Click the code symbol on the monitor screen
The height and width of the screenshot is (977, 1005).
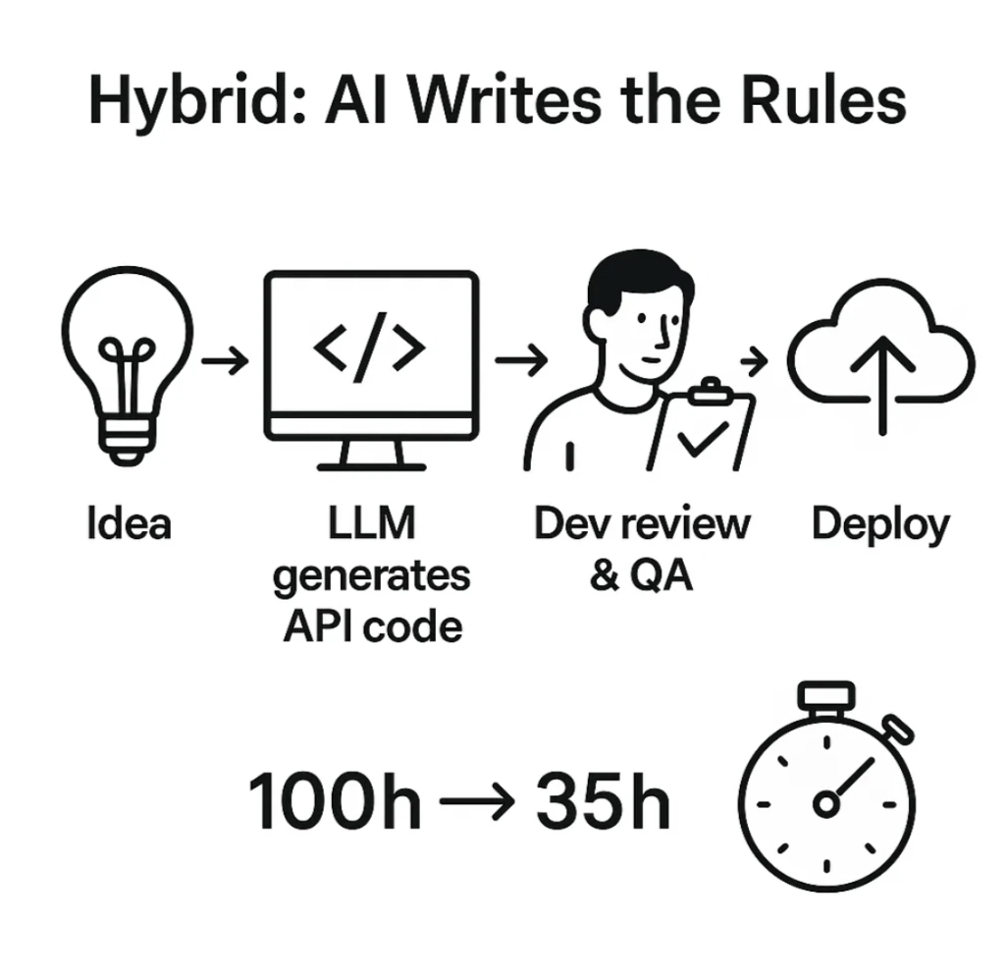(x=370, y=350)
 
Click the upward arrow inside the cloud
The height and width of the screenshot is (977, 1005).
(x=881, y=383)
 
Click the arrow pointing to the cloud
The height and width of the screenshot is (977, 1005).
(x=754, y=361)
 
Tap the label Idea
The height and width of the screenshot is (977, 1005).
(x=129, y=522)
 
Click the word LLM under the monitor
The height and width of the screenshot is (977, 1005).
(x=370, y=523)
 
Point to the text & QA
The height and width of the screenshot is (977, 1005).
(x=641, y=575)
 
